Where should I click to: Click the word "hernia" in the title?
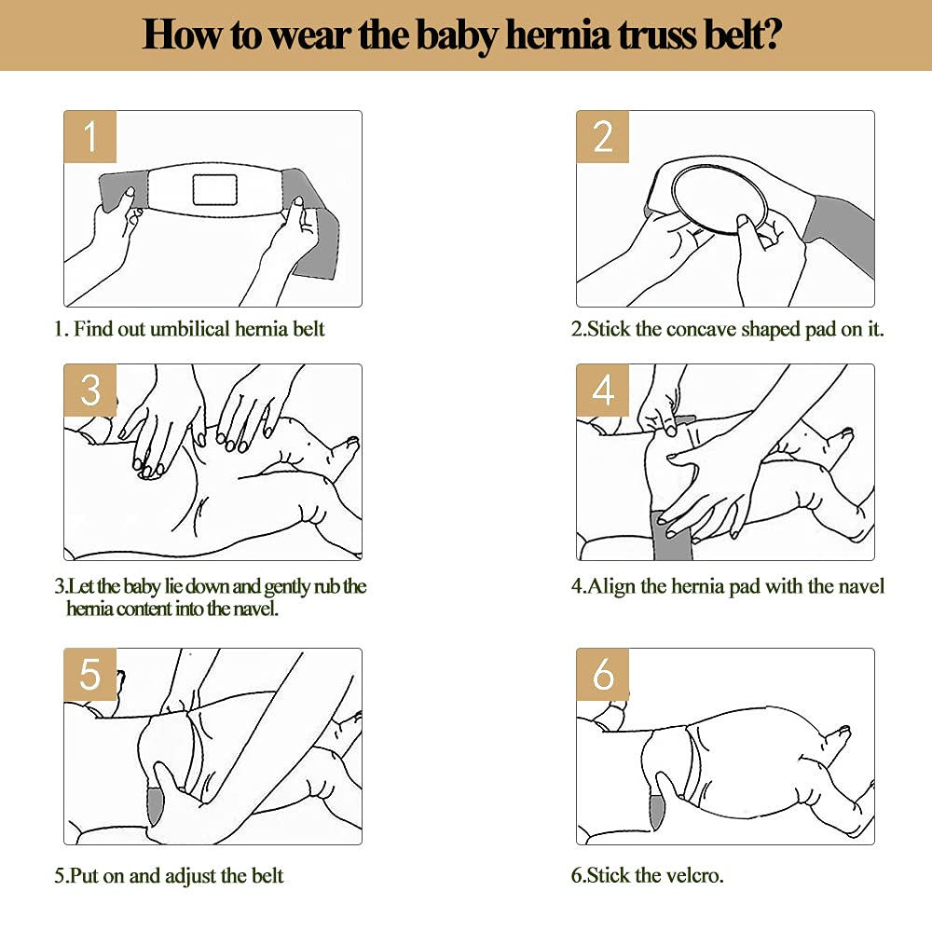click(558, 34)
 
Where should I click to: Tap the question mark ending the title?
click(772, 34)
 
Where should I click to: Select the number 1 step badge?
click(89, 136)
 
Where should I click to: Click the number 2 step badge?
click(602, 136)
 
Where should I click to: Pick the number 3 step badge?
click(89, 390)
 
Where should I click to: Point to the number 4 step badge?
click(602, 390)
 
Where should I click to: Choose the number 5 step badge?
click(89, 674)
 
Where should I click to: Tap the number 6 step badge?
click(602, 674)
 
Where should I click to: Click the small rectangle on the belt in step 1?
click(214, 189)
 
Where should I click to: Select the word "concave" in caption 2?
click(701, 329)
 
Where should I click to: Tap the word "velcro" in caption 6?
click(694, 875)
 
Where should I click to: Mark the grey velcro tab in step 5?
click(155, 805)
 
